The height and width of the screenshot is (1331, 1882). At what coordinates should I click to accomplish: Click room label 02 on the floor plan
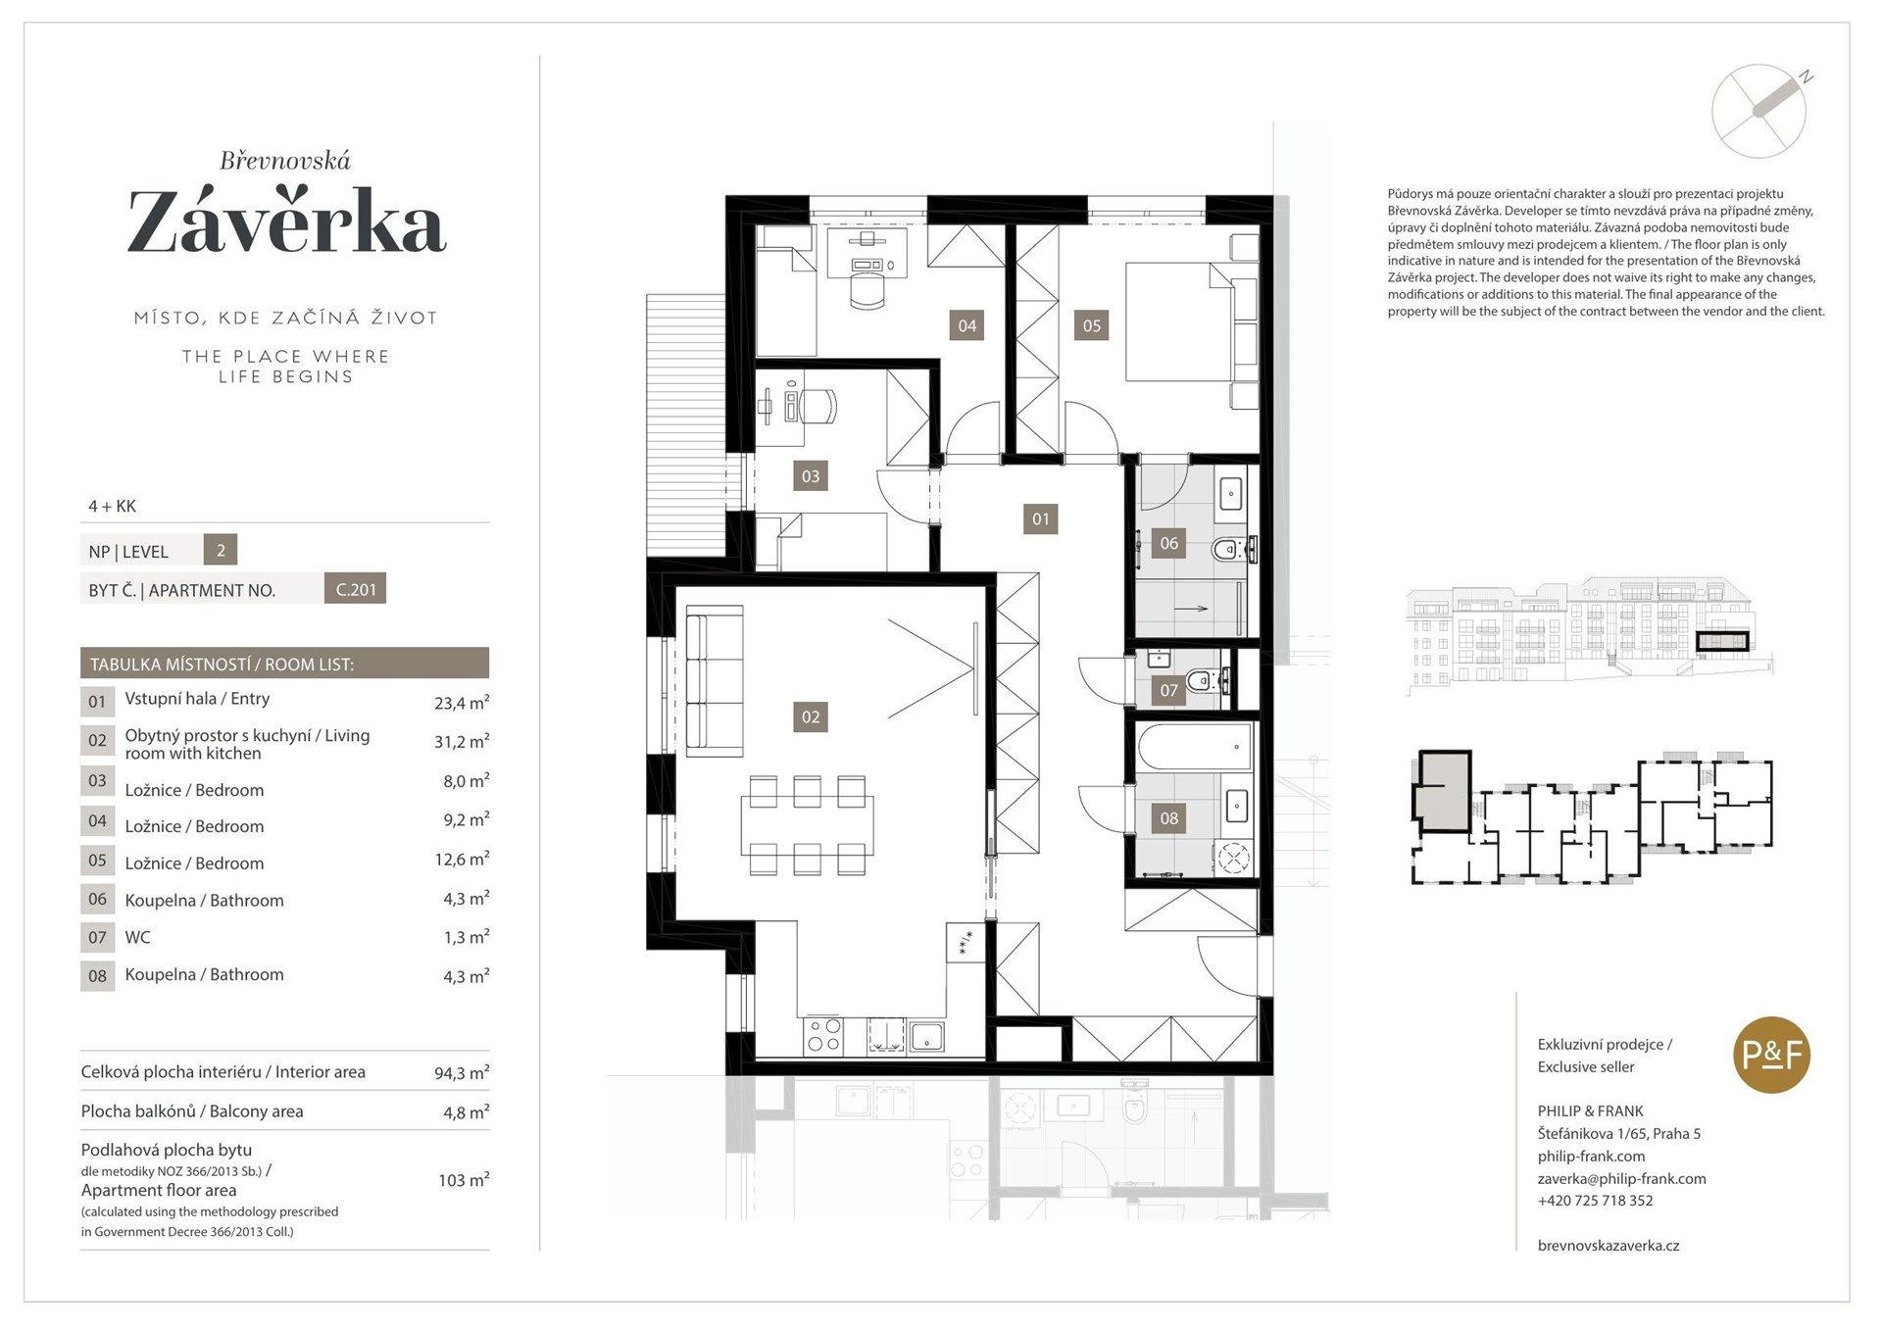coord(810,716)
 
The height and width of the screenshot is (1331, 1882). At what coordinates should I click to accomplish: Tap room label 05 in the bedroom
coord(1091,325)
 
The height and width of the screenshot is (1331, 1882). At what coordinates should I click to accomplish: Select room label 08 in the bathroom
coord(1168,818)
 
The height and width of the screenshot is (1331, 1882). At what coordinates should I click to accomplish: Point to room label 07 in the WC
coord(1168,690)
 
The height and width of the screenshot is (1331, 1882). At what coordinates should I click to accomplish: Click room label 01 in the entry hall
coord(1040,518)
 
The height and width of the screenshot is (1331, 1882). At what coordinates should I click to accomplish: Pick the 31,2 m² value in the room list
coord(462,741)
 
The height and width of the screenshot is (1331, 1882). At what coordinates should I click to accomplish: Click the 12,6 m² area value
coord(462,859)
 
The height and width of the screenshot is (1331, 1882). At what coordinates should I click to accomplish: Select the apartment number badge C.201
coord(355,589)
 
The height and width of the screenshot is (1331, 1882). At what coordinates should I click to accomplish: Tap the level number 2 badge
coord(221,550)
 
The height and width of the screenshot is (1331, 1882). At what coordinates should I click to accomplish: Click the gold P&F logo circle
coord(1771,1055)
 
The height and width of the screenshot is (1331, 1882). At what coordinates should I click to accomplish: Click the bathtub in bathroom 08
coord(1195,747)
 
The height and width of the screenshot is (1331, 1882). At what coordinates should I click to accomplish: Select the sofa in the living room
coord(714,681)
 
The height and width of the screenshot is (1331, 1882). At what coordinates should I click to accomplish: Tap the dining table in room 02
coord(807,826)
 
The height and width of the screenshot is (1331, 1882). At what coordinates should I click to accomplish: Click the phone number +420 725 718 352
coord(1595,1201)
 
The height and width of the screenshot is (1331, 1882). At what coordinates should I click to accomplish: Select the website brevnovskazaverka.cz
coord(1609,1246)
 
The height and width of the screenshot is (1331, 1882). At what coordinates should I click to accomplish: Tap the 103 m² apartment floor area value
coord(464,1179)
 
